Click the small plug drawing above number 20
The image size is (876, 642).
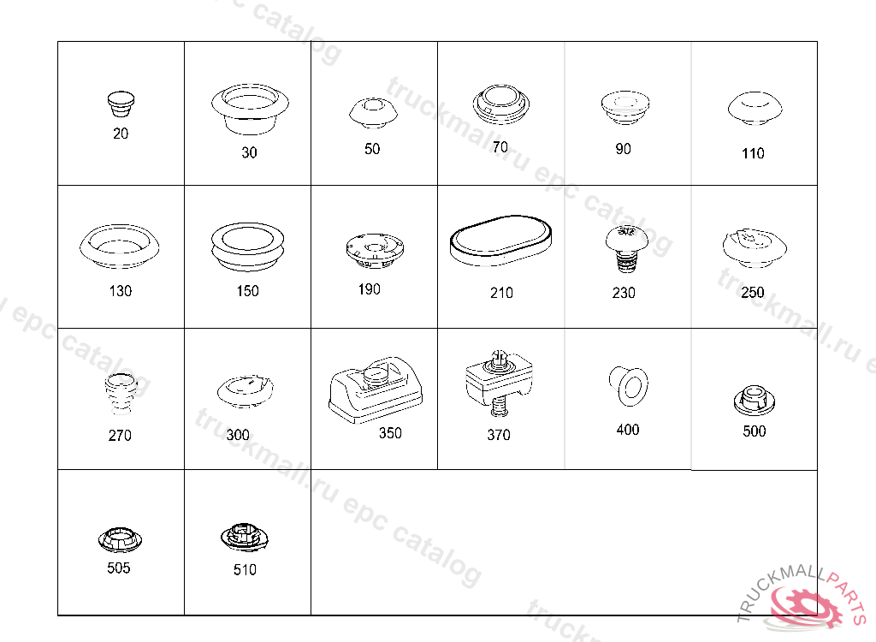[x=121, y=104]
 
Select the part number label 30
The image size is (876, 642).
[x=249, y=152]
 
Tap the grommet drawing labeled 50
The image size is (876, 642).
[x=373, y=112]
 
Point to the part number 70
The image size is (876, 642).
[x=500, y=147]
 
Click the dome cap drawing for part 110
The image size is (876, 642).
[x=755, y=109]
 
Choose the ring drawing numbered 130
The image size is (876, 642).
[x=120, y=246]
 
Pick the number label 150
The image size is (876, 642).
[x=247, y=291]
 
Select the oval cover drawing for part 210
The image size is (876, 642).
[x=501, y=241]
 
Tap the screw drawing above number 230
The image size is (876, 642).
[x=627, y=249]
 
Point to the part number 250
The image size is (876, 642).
[x=753, y=293]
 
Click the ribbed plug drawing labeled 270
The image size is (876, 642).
[x=121, y=394]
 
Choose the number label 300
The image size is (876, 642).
[x=238, y=435]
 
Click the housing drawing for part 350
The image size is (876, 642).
[x=376, y=389]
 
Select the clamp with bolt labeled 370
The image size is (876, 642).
[x=499, y=383]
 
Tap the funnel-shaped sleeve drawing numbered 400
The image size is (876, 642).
[x=629, y=386]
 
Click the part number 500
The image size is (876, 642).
[x=755, y=431]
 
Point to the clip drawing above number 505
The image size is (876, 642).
[x=120, y=539]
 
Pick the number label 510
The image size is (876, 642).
[x=245, y=570]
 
